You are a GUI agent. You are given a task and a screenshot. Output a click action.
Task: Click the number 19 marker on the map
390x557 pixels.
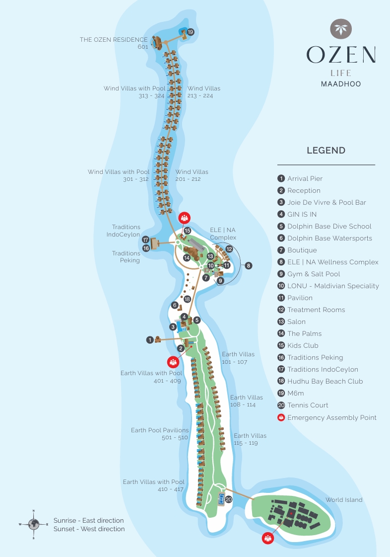tap(191, 32)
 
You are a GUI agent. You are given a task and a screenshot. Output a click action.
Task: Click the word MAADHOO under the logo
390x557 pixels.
tap(341, 84)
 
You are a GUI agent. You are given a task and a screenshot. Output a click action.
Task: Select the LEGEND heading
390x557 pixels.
tap(326, 151)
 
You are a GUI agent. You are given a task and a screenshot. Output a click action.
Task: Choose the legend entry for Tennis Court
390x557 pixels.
tap(308, 405)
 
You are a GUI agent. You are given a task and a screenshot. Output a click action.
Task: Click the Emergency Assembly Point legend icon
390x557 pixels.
tap(281, 418)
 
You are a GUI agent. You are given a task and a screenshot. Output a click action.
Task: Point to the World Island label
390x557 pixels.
tap(344, 500)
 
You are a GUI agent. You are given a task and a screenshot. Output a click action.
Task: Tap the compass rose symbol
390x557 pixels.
tap(33, 524)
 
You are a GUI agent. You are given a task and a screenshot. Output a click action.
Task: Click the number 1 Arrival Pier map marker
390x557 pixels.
tap(150, 340)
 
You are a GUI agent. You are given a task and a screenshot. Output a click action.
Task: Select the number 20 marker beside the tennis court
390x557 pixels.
tap(229, 499)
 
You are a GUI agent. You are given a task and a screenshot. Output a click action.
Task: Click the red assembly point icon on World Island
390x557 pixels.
tap(268, 538)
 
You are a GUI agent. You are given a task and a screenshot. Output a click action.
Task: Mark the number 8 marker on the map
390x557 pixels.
tap(249, 266)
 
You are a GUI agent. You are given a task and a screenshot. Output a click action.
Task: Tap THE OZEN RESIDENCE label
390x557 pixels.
tap(114, 40)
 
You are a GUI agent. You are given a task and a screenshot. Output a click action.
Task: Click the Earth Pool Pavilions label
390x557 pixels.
tap(160, 430)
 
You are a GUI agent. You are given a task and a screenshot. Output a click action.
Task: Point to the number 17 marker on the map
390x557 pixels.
tap(146, 239)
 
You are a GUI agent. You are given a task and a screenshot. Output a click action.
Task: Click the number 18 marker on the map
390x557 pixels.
tap(187, 299)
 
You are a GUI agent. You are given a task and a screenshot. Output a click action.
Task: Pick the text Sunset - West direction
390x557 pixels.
tap(89, 529)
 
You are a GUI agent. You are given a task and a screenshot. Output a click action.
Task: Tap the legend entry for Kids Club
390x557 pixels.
tap(303, 346)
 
